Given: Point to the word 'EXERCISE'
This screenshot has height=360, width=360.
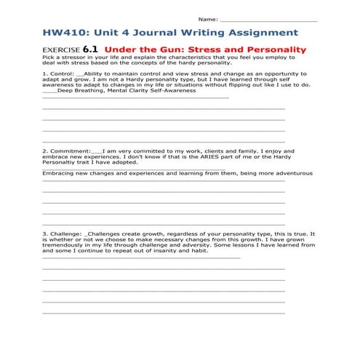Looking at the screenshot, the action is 62,50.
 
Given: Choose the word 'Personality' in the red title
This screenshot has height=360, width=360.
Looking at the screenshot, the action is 277,49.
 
